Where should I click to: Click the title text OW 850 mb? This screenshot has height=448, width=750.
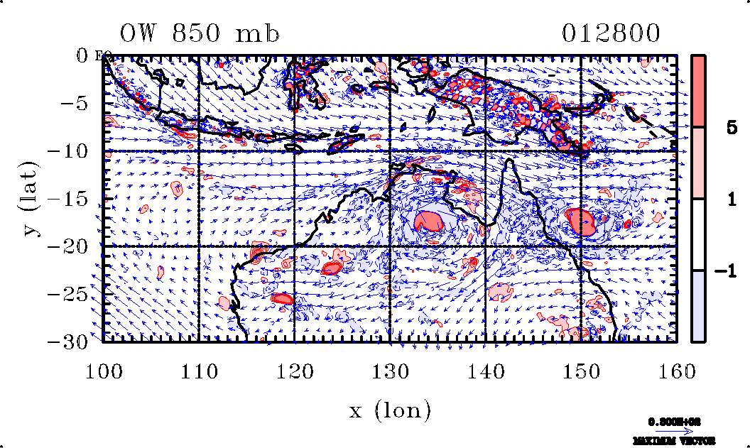coord(200,33)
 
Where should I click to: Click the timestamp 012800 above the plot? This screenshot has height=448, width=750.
coord(612,33)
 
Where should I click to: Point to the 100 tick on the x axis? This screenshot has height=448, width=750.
coord(104,369)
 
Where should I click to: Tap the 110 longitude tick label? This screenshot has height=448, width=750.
coord(200,369)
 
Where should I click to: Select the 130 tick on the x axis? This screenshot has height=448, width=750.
coord(390,369)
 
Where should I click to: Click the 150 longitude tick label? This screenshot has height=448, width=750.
coord(581,369)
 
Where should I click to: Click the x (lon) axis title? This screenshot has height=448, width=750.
coord(390,410)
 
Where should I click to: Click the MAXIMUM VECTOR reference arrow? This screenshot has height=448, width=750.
coord(674,430)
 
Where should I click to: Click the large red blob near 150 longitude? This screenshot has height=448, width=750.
coord(582,221)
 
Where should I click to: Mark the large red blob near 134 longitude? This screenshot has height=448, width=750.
coord(430,220)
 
